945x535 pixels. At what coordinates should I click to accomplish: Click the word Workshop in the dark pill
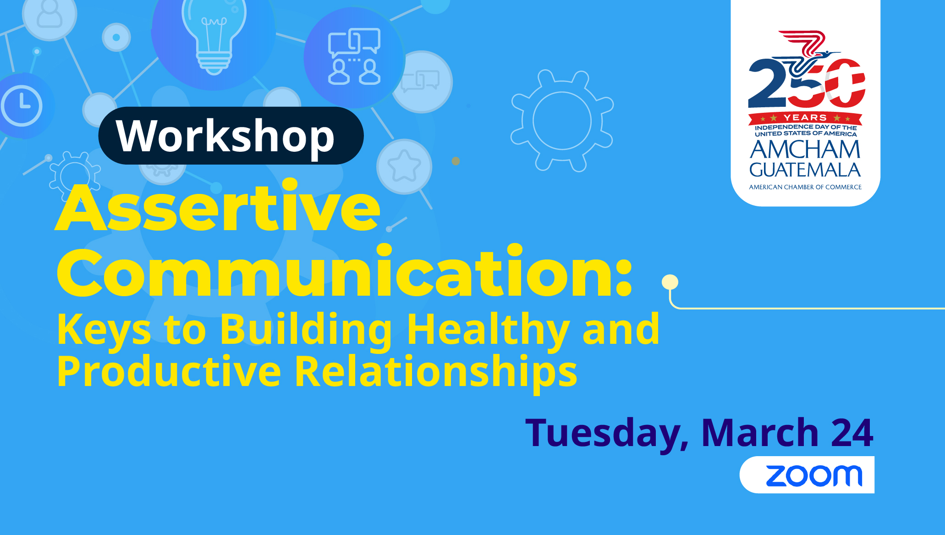(225, 136)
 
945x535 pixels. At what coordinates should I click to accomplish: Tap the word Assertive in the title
(218, 208)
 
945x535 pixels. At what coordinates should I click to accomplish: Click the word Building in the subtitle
(306, 329)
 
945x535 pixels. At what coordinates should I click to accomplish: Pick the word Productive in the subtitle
(169, 371)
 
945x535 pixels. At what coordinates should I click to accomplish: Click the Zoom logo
(814, 476)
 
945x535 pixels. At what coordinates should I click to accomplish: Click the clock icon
(22, 105)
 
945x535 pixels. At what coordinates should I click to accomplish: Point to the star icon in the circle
(404, 166)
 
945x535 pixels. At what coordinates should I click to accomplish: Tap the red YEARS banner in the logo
(805, 118)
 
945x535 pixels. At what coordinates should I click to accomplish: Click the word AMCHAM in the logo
(805, 149)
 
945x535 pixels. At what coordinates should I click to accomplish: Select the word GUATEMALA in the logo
(805, 170)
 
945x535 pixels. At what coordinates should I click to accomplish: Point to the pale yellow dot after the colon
(670, 282)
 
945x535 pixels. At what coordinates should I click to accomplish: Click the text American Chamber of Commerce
(805, 187)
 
